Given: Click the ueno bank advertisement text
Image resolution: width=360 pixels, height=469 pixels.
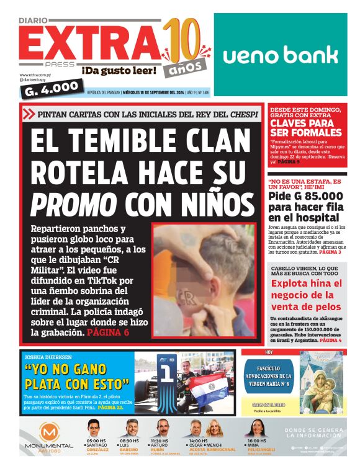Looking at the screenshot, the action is click(x=281, y=55).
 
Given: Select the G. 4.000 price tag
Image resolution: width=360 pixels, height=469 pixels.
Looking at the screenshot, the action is click(x=52, y=89).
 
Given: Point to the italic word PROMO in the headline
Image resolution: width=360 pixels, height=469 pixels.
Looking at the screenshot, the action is click(x=74, y=203).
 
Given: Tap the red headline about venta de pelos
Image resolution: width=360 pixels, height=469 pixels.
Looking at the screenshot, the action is click(x=306, y=295).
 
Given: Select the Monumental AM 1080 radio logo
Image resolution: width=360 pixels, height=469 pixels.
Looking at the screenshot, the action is click(x=48, y=437).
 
